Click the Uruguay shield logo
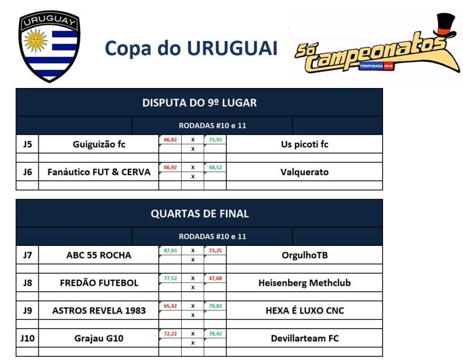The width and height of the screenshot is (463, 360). [x=49, y=47]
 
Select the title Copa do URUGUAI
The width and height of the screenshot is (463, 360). [x=191, y=48]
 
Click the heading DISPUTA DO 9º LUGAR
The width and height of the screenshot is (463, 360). [x=199, y=102]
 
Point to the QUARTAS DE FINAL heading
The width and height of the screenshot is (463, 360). [x=199, y=213]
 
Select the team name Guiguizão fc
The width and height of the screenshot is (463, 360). [x=99, y=144]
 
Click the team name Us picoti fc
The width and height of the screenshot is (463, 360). [x=304, y=144]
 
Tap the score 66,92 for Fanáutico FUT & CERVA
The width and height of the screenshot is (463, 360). [x=170, y=167]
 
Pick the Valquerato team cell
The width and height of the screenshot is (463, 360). [x=304, y=172]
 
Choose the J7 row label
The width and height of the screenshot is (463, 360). [x=27, y=255]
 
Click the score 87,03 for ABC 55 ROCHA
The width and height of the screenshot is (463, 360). [x=170, y=250]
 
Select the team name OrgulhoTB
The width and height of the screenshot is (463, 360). [x=304, y=255]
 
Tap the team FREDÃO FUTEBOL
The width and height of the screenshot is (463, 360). [x=99, y=283]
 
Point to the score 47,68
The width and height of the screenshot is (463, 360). [x=215, y=278]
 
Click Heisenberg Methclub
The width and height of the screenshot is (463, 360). [x=304, y=283]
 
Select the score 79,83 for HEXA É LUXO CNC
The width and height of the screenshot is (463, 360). [x=215, y=306]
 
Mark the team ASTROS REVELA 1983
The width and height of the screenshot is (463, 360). [x=99, y=310]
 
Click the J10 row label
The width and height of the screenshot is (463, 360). [x=27, y=338]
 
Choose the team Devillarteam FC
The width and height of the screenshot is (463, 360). [x=304, y=338]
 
